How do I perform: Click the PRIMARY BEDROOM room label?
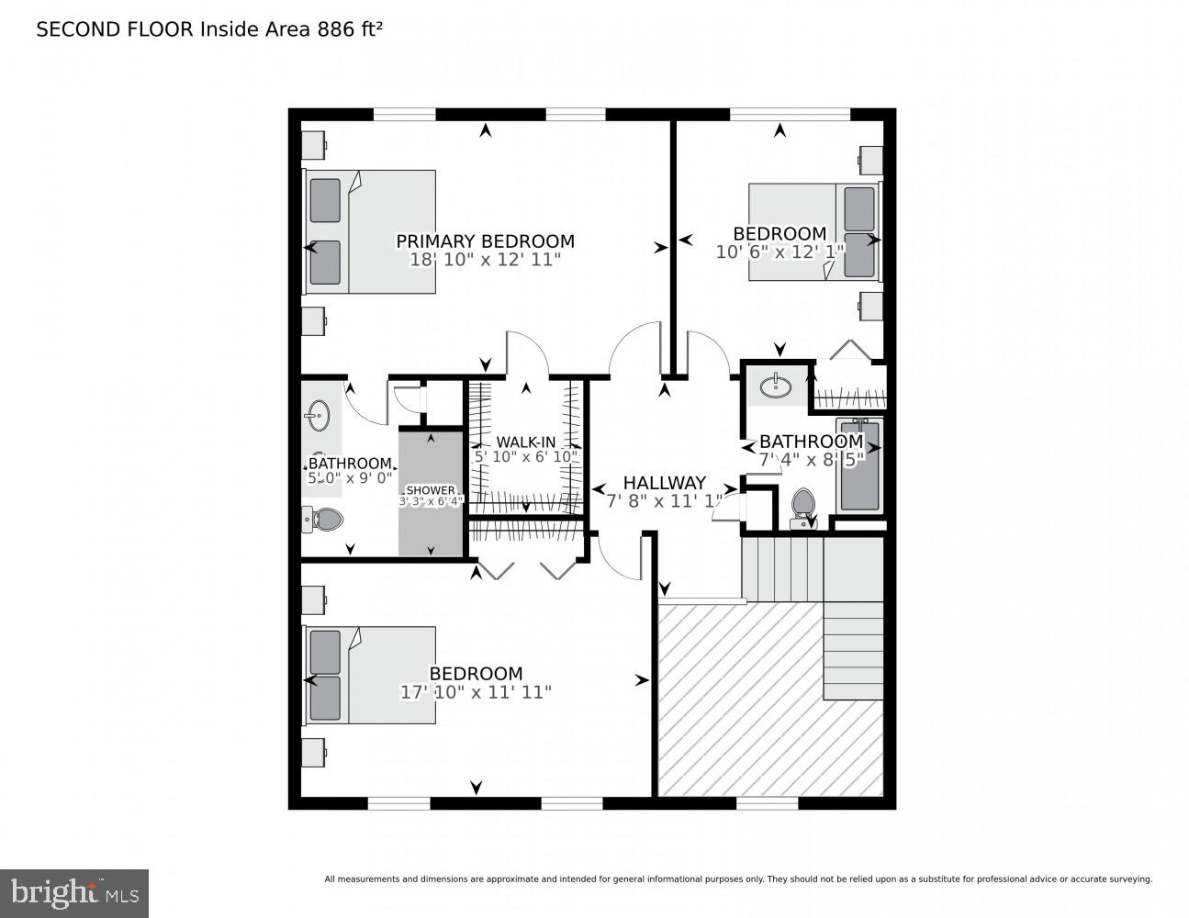click(x=485, y=241)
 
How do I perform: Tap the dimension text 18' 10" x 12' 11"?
click(x=485, y=260)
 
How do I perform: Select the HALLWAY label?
click(x=664, y=483)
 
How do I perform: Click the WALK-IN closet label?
click(x=525, y=442)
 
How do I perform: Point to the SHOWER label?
click(x=430, y=490)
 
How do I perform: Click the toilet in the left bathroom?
click(x=323, y=520)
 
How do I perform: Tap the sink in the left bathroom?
click(x=319, y=416)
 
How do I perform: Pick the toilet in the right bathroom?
click(x=803, y=508)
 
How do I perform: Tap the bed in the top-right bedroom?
click(x=813, y=231)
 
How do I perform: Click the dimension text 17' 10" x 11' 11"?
click(x=476, y=692)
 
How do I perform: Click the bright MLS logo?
click(x=74, y=892)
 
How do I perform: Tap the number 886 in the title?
click(x=336, y=29)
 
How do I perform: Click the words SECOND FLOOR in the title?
click(x=115, y=29)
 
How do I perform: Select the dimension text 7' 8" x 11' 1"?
click(x=664, y=501)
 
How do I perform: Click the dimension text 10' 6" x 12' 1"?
click(x=780, y=252)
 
